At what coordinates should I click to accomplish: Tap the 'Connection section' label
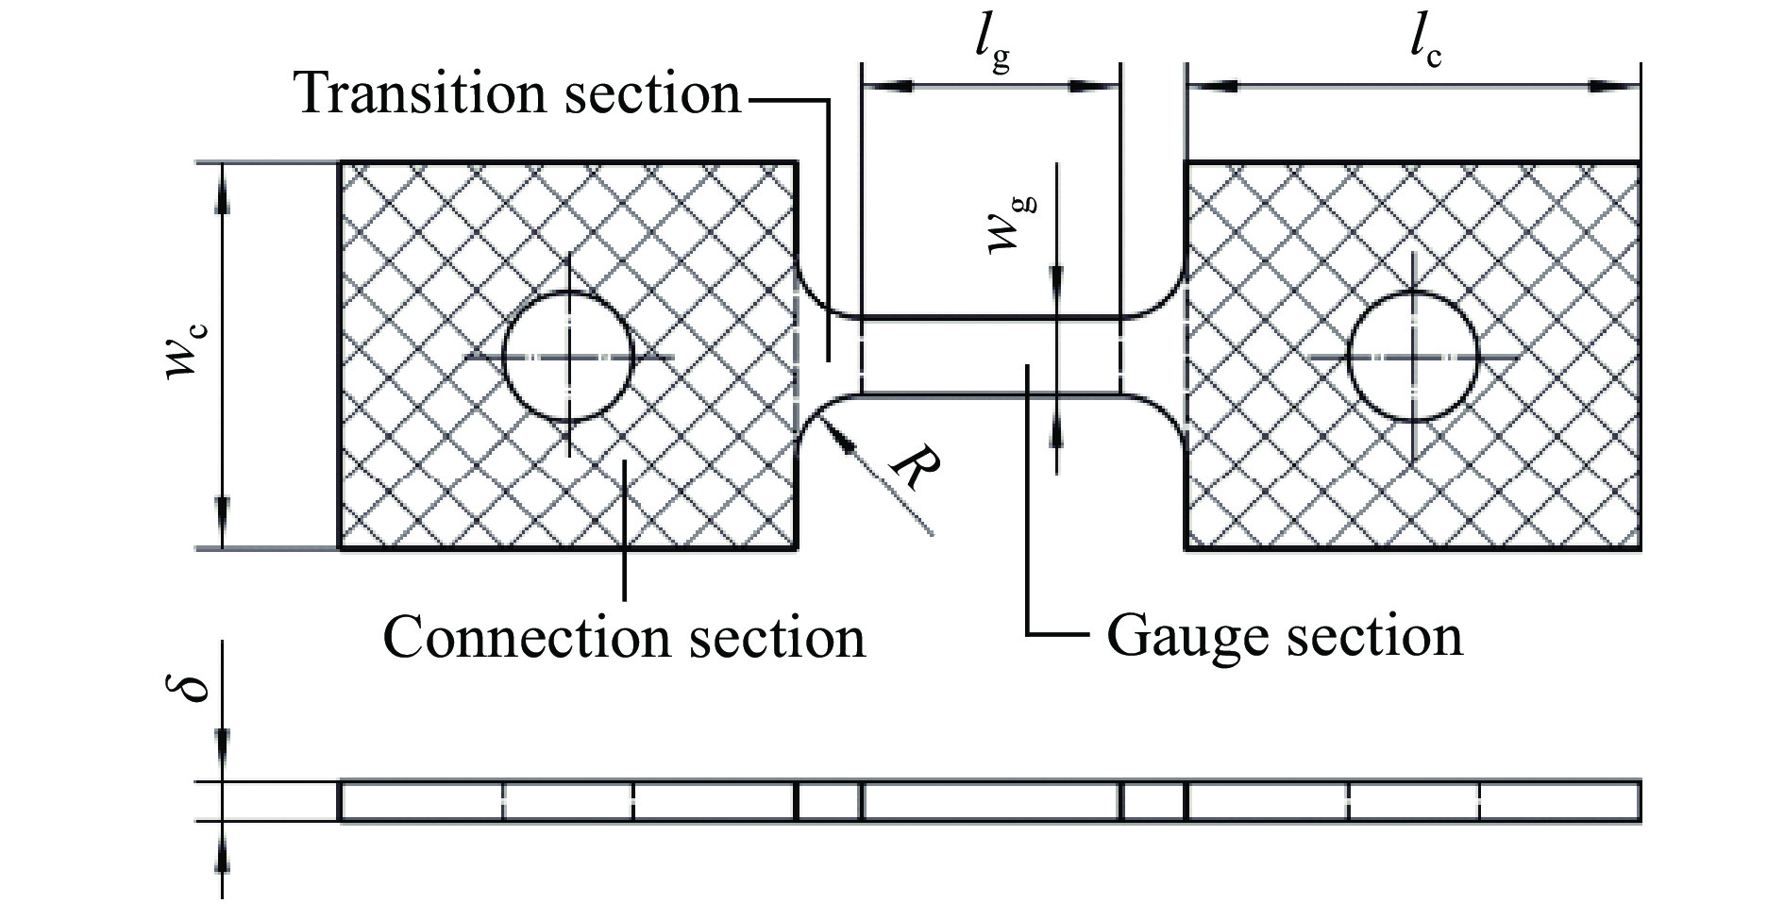[624, 637]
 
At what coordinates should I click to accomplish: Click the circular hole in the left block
[567, 357]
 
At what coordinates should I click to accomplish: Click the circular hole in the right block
[1413, 357]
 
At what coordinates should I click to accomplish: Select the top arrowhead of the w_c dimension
[223, 189]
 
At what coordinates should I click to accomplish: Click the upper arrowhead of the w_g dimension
[1057, 283]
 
